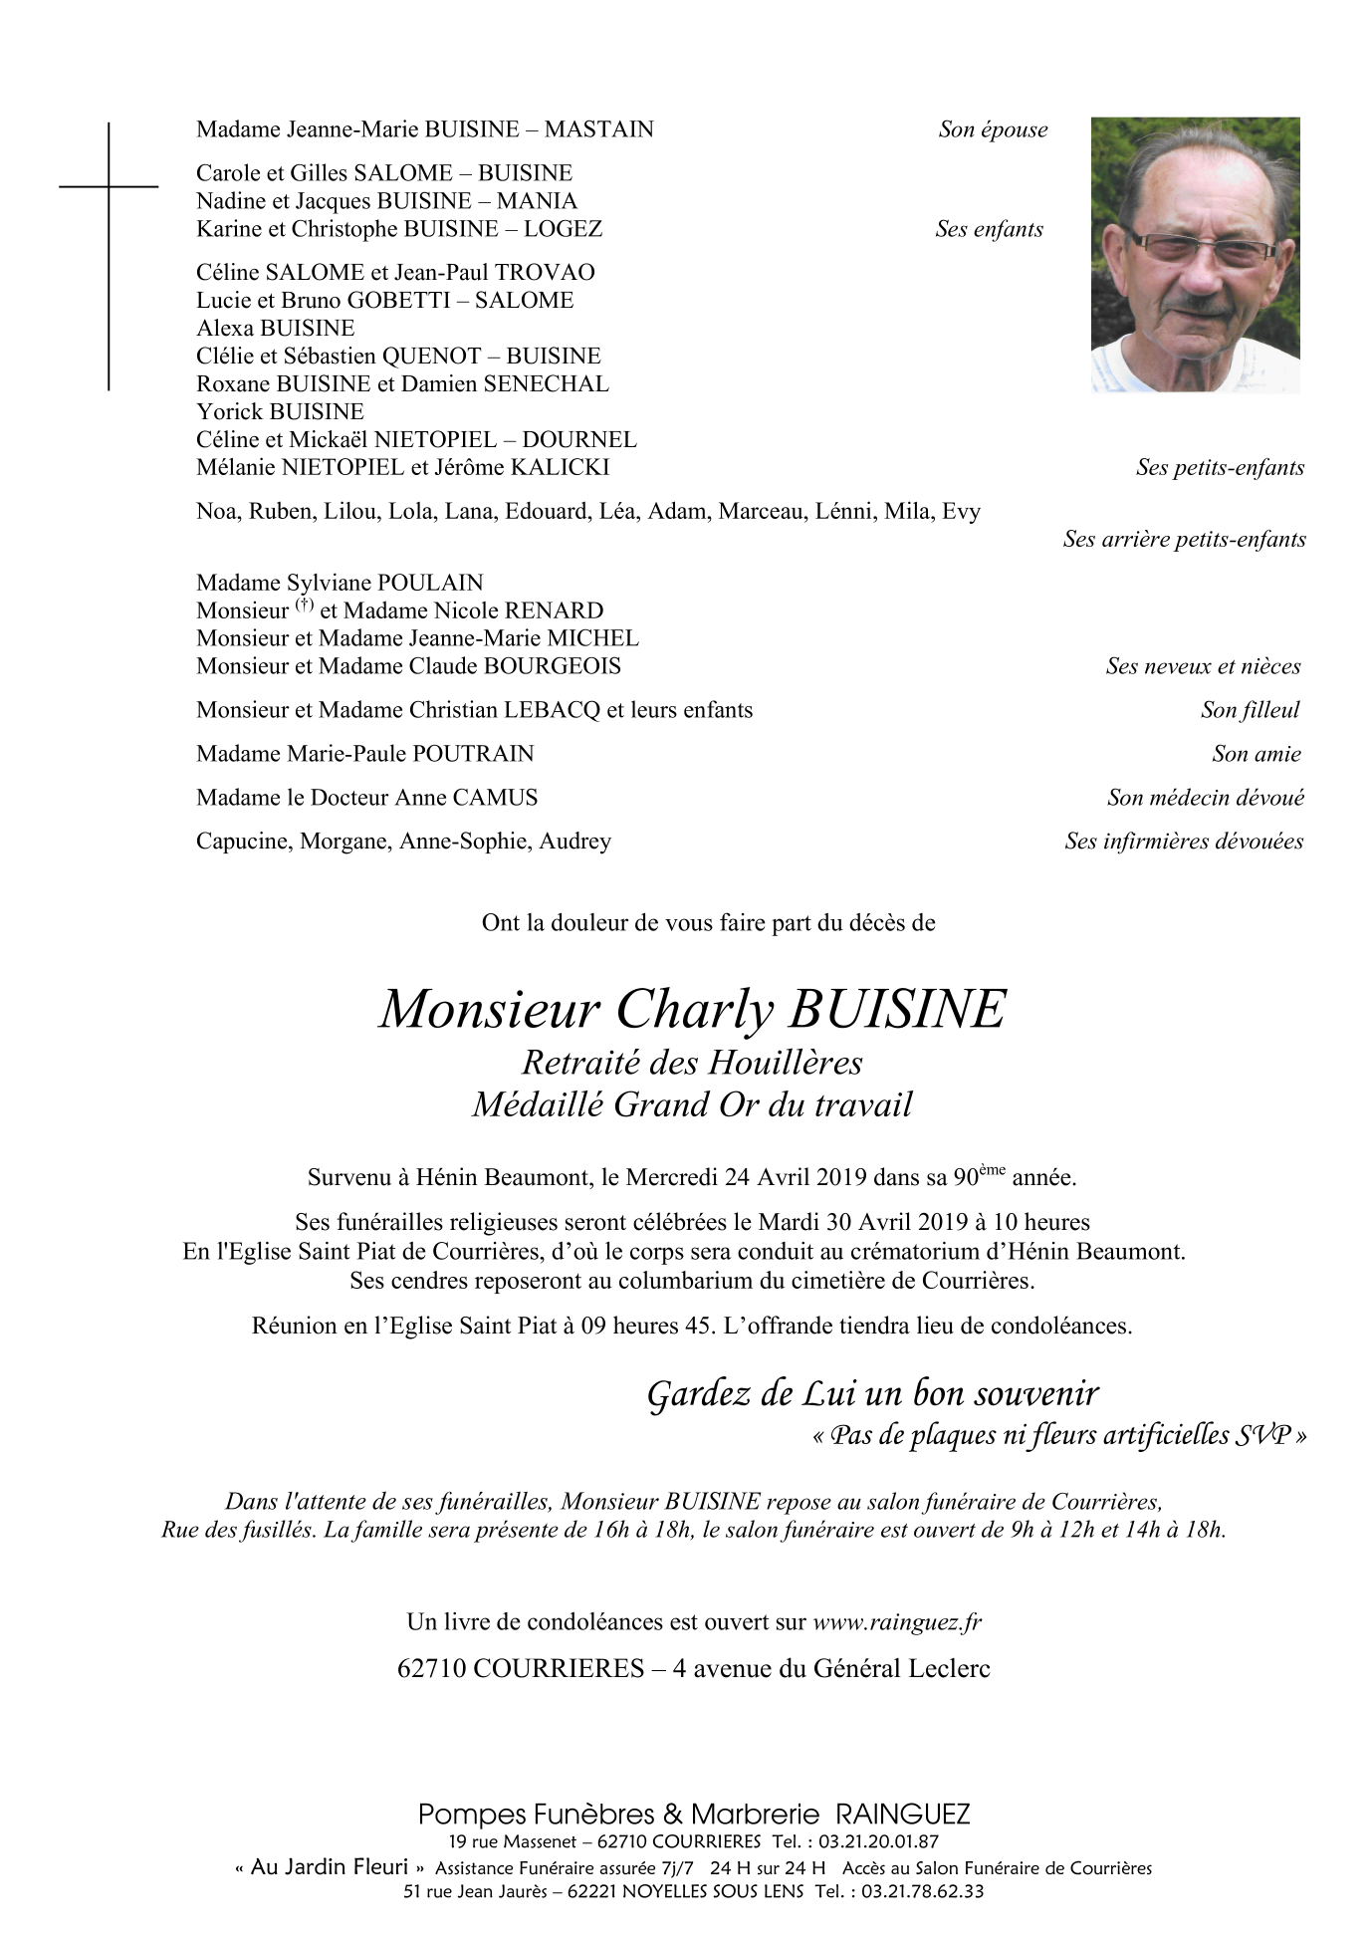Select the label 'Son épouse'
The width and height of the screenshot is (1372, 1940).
(993, 129)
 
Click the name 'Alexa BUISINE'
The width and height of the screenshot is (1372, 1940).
(275, 329)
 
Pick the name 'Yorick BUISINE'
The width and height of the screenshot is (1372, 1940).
(280, 412)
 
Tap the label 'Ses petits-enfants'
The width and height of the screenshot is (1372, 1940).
(1220, 468)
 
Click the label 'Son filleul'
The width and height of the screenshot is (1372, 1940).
(1250, 710)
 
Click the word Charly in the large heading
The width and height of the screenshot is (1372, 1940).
(695, 1009)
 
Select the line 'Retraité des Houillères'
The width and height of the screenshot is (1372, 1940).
(692, 1063)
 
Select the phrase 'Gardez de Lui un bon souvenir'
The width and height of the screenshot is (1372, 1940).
(872, 1393)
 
